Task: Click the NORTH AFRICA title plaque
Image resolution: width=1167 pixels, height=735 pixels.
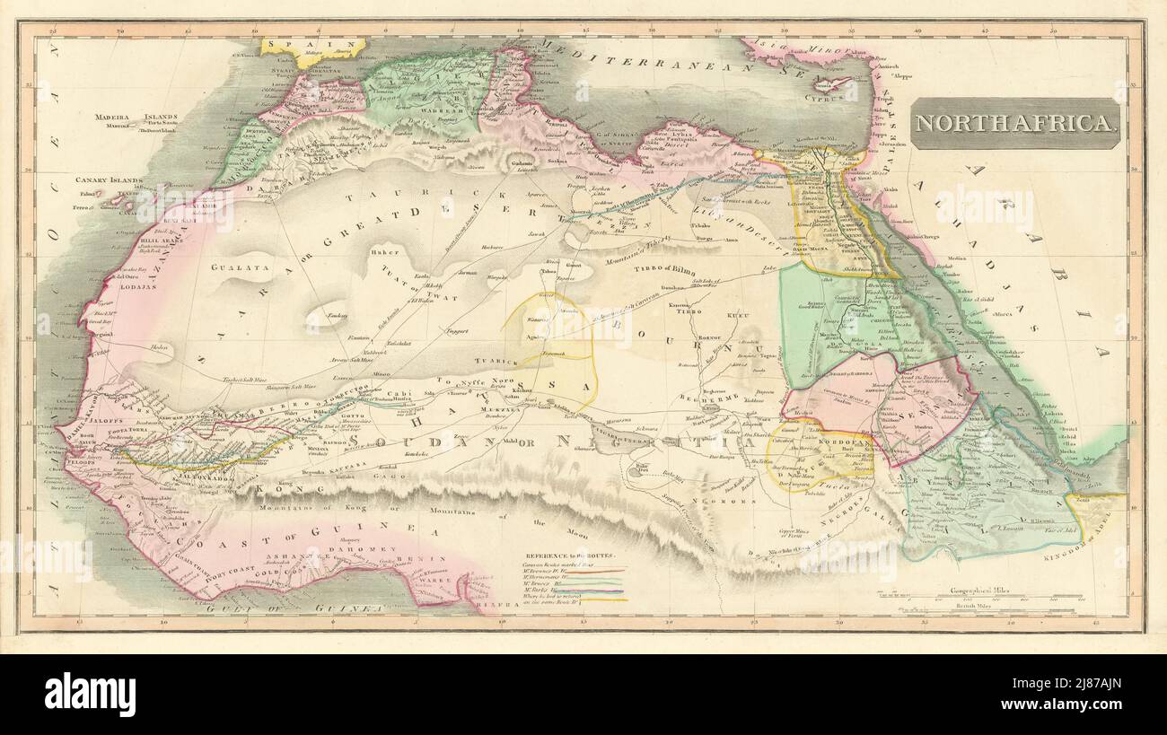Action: (x=1015, y=124)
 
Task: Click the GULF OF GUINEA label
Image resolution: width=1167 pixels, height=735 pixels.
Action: (x=314, y=608)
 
